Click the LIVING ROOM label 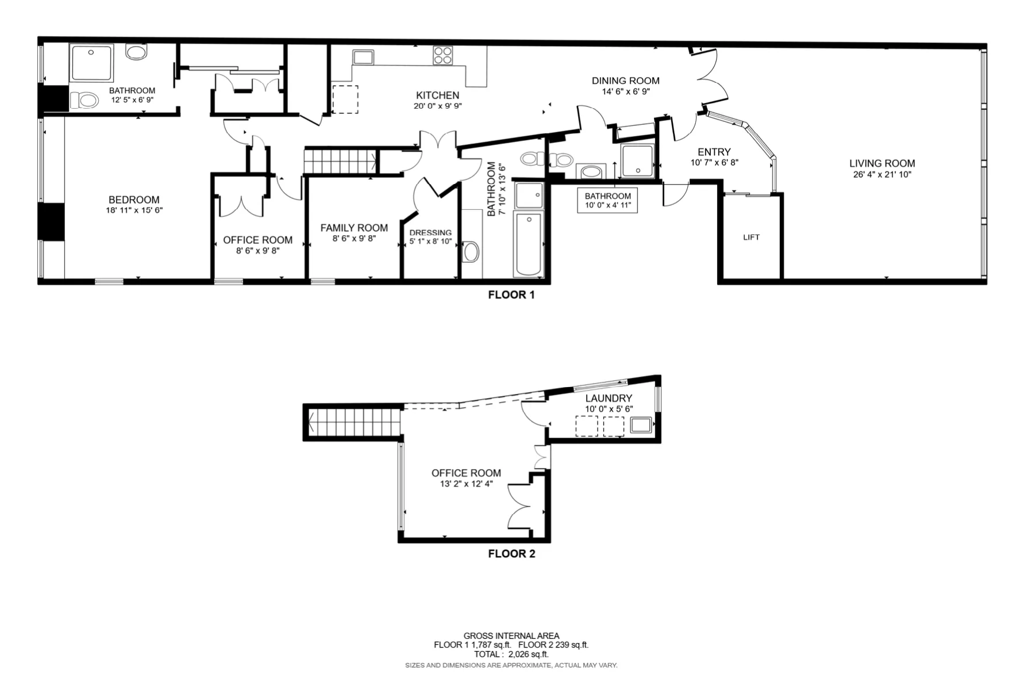[x=881, y=163]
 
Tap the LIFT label [x=751, y=237]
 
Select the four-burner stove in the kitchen [x=442, y=55]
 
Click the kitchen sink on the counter [x=363, y=57]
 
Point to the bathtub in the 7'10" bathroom [x=528, y=244]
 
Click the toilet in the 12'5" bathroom [x=84, y=101]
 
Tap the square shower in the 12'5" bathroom [x=91, y=62]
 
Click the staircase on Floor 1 [x=340, y=160]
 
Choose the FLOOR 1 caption [x=511, y=295]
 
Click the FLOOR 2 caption [x=511, y=554]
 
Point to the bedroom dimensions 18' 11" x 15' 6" [x=134, y=210]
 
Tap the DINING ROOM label [x=625, y=81]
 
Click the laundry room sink [x=641, y=426]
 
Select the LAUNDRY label [x=609, y=398]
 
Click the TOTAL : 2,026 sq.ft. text [x=511, y=654]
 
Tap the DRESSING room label [x=430, y=232]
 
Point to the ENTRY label [x=714, y=152]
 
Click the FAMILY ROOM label [x=354, y=228]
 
